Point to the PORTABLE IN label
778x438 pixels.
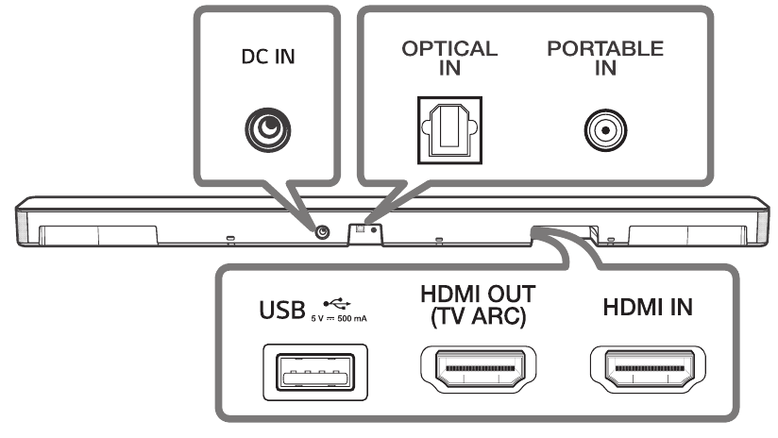coord(604,56)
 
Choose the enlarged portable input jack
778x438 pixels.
coord(605,129)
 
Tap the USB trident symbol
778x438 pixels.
coord(337,303)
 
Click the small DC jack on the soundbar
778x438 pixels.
coord(324,231)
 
